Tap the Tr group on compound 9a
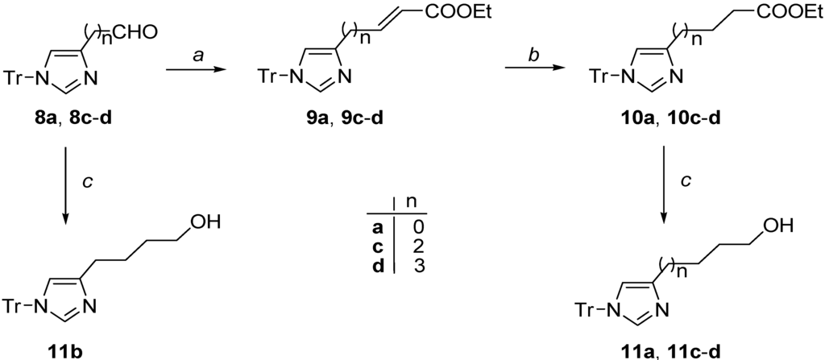[x=269, y=77]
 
